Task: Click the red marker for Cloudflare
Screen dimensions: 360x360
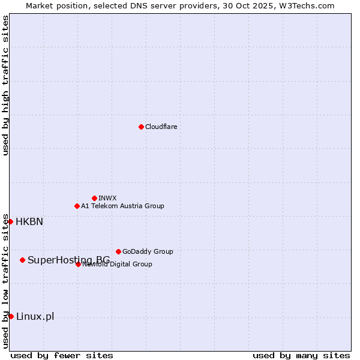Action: [141, 127]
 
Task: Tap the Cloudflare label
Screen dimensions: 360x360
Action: [161, 127]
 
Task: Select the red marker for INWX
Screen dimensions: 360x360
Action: [94, 198]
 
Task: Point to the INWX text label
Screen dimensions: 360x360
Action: [107, 198]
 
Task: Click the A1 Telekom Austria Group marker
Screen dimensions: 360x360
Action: [77, 206]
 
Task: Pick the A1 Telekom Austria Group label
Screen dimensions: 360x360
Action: [122, 206]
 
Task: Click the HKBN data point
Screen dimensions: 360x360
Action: [10, 221]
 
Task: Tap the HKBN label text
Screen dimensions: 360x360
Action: [29, 221]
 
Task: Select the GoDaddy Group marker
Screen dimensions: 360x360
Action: [118, 251]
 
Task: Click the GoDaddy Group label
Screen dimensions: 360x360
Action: [148, 251]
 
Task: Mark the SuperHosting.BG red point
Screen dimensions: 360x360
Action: [22, 260]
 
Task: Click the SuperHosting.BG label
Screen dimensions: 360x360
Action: [68, 260]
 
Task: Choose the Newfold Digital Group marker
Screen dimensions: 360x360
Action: [78, 264]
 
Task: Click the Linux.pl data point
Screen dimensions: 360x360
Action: [11, 316]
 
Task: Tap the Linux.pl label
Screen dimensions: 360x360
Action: [35, 316]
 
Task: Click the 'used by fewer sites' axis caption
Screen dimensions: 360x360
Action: [62, 355]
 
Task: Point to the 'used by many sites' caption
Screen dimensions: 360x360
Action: [301, 355]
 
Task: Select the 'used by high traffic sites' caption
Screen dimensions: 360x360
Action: [5, 86]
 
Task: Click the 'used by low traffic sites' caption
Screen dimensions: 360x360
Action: [5, 281]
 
